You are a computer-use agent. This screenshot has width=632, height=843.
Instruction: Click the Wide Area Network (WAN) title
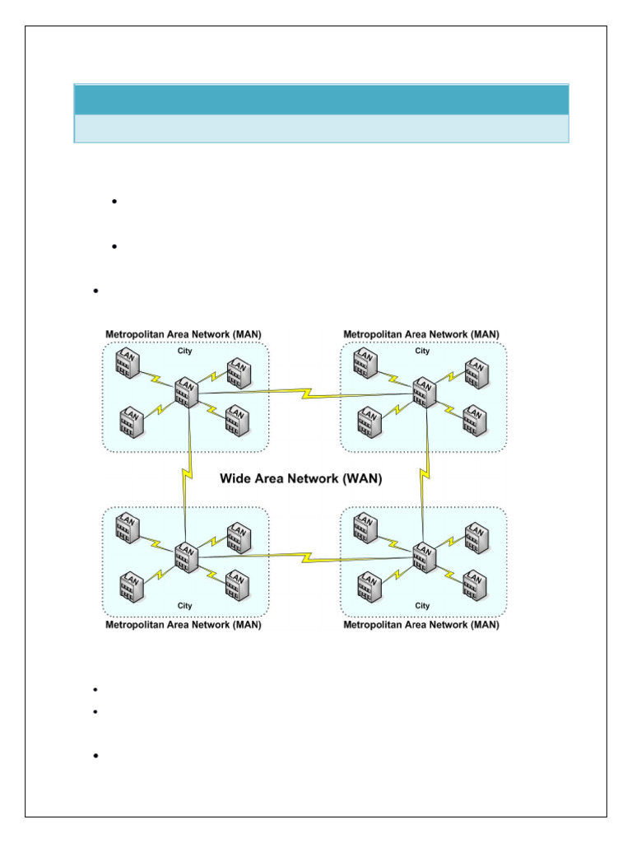click(x=300, y=479)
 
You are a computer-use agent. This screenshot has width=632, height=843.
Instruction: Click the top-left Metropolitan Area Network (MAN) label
click(x=184, y=333)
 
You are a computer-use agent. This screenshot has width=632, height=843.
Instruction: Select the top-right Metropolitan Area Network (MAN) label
click(x=421, y=333)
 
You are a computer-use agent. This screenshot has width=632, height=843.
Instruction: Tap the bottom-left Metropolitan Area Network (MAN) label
click(x=184, y=625)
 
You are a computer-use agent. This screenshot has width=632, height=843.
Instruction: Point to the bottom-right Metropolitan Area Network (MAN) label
click(x=421, y=625)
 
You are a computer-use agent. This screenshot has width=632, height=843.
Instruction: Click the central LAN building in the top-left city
click(x=186, y=392)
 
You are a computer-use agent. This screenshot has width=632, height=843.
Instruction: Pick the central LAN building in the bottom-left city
click(x=186, y=557)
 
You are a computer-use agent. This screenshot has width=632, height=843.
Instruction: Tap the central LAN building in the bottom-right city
click(x=424, y=557)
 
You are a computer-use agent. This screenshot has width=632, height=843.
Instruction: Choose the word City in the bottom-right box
click(x=422, y=605)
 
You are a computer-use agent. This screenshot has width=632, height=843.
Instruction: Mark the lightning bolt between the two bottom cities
click(x=306, y=557)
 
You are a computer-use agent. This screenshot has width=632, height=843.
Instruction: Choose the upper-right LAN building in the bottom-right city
click(x=476, y=537)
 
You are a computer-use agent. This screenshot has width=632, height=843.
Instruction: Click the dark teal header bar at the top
click(x=321, y=99)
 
